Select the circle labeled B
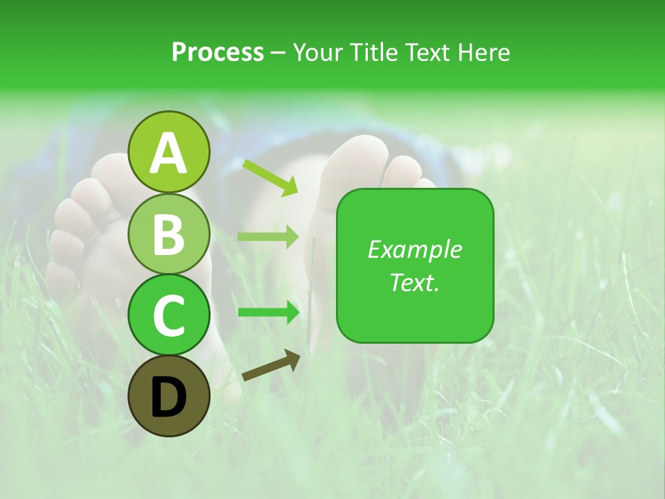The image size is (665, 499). click(169, 234)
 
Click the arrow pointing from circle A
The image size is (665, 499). click(269, 177)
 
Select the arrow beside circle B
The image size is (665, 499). click(268, 236)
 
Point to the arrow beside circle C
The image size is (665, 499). click(268, 313)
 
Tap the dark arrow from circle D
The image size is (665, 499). click(271, 365)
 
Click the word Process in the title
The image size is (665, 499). click(218, 52)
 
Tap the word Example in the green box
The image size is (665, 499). click(414, 249)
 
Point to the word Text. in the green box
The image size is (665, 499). click(414, 282)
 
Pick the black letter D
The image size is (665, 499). click(169, 397)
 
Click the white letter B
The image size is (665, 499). click(169, 234)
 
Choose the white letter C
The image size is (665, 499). click(169, 316)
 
